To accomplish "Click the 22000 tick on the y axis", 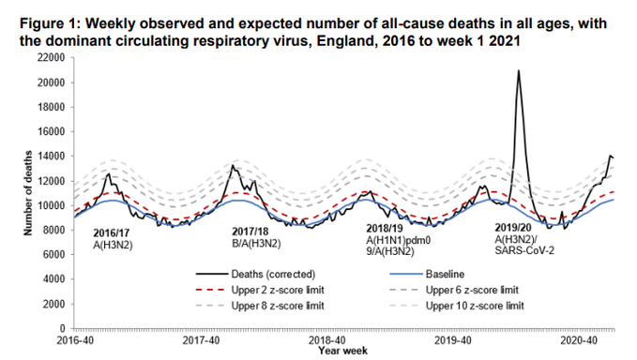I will coord(51,58).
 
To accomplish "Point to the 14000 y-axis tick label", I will coord(51,157).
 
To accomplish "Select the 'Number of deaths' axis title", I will coord(14,192).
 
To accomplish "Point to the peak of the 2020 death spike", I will coord(519,71).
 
